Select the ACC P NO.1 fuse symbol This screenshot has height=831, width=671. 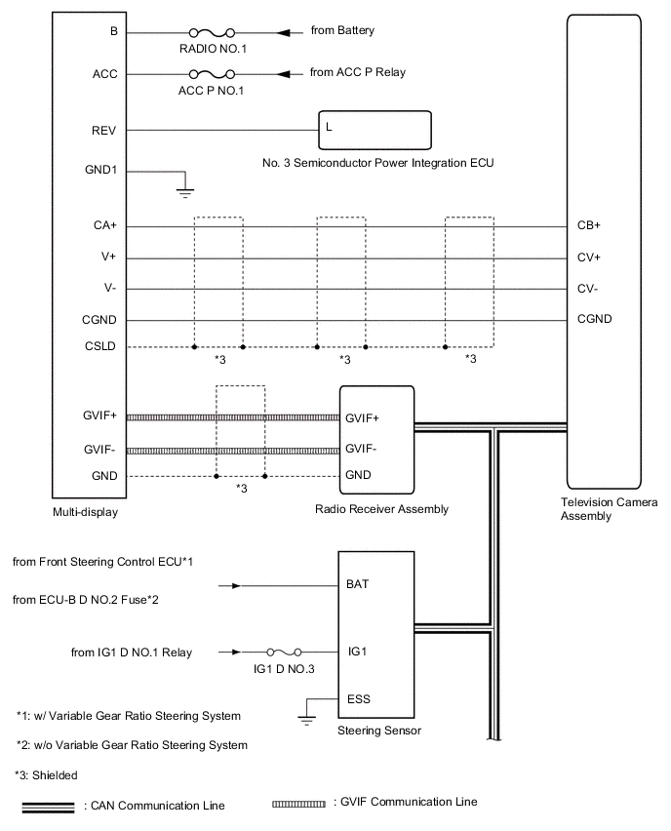click(x=211, y=73)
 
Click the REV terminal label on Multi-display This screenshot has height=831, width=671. click(x=104, y=129)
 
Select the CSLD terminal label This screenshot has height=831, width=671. click(x=100, y=346)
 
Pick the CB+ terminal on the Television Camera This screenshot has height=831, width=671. click(x=589, y=226)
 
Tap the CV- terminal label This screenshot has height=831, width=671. click(x=588, y=289)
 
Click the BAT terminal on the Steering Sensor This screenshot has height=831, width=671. click(x=358, y=586)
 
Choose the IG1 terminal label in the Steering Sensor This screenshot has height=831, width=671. click(x=357, y=650)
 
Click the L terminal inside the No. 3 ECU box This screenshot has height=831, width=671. click(x=329, y=127)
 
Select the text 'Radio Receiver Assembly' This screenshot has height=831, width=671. click(x=375, y=509)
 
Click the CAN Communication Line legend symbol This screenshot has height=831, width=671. click(x=48, y=806)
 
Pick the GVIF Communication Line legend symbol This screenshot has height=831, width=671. click(x=299, y=804)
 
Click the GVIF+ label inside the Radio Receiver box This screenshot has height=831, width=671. click(x=364, y=417)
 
